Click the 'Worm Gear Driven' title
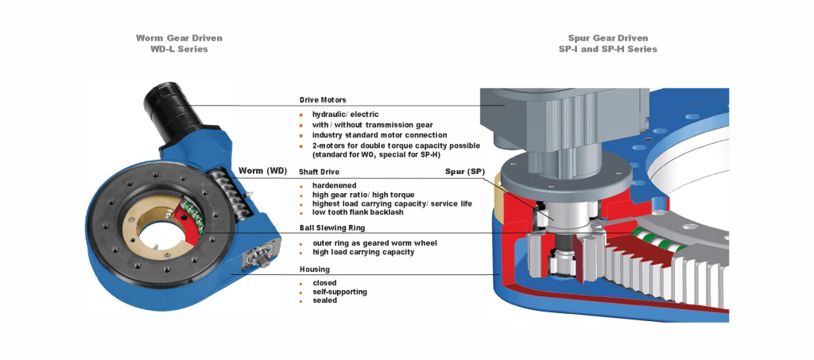click(x=179, y=38)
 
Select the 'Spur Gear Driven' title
click(x=607, y=38)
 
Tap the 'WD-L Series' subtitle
click(x=179, y=49)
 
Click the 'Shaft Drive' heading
click(x=319, y=172)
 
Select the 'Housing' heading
click(x=314, y=269)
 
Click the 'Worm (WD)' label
click(x=262, y=171)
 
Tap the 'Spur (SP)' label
click(x=464, y=172)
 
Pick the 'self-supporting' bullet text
click(x=341, y=292)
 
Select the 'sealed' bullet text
click(x=324, y=300)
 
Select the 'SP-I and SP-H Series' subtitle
click(x=607, y=49)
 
